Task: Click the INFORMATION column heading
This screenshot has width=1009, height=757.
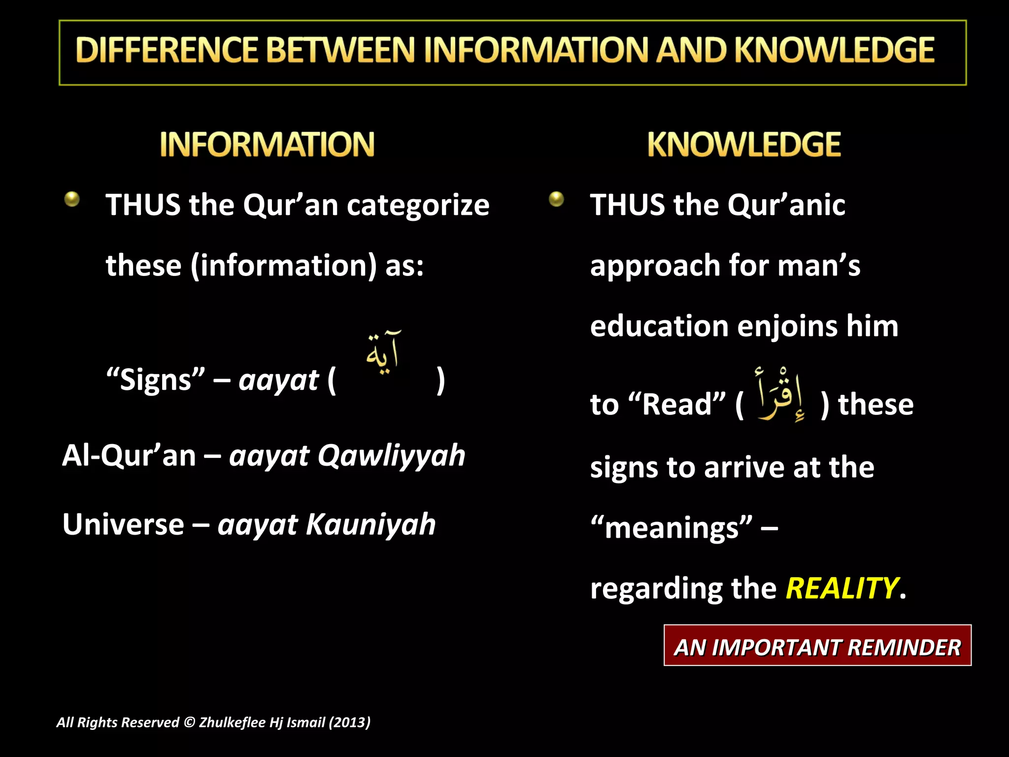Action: pos(267,144)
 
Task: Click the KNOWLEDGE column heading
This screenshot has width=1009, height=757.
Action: pos(744,144)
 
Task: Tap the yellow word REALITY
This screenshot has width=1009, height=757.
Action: pos(841,588)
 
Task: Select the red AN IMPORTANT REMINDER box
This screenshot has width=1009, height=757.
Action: pos(817,646)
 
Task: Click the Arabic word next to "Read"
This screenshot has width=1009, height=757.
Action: pos(781,395)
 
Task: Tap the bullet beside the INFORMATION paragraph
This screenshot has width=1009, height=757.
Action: pos(72,199)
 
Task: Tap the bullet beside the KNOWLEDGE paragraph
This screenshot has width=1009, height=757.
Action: pos(556,199)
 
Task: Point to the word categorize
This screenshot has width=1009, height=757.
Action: pos(418,205)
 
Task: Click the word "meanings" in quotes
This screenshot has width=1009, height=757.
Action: pos(672,528)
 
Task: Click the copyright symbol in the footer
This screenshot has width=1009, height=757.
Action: pos(189,723)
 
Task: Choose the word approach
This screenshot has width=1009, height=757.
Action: pos(655,267)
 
